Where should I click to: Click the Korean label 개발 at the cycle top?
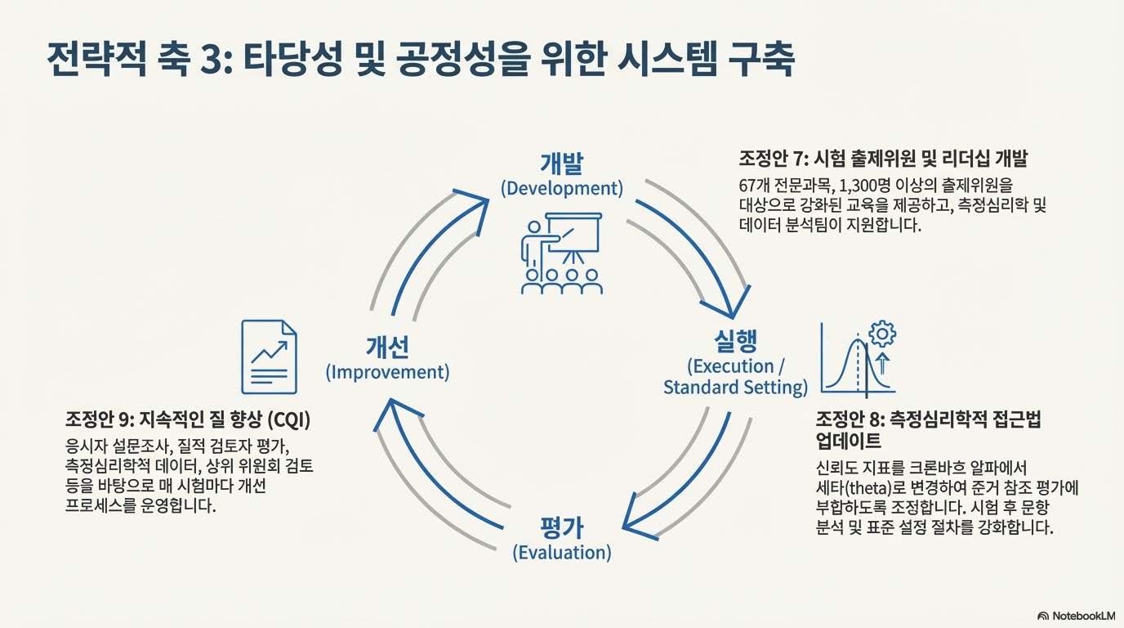coord(561,163)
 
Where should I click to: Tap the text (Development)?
coord(561,189)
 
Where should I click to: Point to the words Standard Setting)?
coord(735,387)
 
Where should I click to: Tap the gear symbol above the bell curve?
coord(883,334)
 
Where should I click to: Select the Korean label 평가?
coord(562,527)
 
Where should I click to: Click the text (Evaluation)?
coord(562,553)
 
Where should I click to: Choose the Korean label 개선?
coord(387,347)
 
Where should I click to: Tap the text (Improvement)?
coord(387,373)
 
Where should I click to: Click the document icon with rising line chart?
coord(269,357)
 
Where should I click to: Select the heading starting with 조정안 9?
coord(188,419)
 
